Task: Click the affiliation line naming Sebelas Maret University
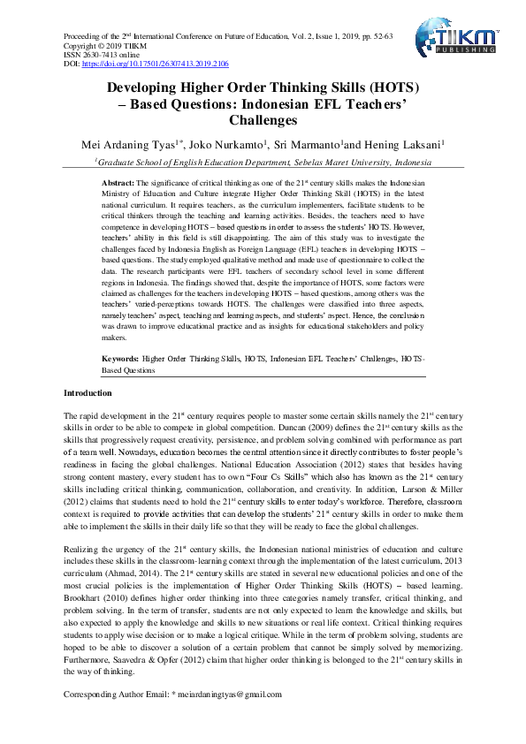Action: [263, 163]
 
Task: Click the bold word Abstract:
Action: [118, 181]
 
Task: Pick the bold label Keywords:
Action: [120, 361]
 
